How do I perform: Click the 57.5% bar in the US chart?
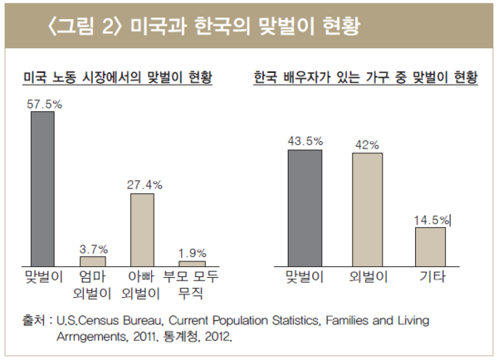pos(42,188)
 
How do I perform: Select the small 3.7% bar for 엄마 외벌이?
pos(92,260)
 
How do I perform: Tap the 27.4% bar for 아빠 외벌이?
pos(142,229)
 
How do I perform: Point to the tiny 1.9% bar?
pos(192,263)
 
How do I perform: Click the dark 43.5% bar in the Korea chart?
pos(305,207)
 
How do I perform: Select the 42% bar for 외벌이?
pos(367,209)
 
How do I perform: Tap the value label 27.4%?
pos(144,184)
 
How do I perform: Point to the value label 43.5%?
pos(305,142)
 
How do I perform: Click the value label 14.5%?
pos(432,220)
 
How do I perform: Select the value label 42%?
pos(367,144)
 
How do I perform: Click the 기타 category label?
pos(430,276)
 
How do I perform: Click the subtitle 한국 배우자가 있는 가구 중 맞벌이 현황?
pos(365,79)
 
